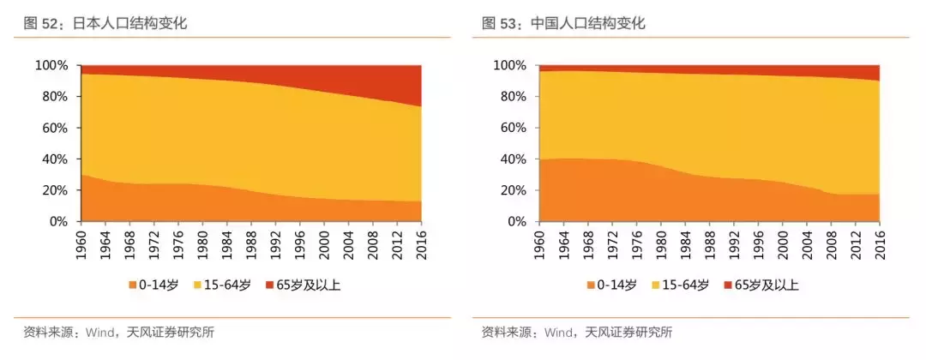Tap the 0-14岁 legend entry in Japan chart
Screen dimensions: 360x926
pos(155,285)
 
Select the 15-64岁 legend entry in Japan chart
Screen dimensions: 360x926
pos(225,285)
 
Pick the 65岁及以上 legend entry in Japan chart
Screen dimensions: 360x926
pos(303,285)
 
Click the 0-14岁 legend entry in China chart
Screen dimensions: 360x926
pos(613,285)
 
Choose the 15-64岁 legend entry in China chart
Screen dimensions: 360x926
pos(682,285)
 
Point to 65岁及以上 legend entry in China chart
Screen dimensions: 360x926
pos(761,285)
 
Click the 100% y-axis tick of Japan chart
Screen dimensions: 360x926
pos(51,66)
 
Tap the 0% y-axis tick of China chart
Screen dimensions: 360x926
pos(516,222)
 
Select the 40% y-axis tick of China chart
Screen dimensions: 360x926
pos(513,159)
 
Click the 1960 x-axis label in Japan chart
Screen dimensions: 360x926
pos(81,244)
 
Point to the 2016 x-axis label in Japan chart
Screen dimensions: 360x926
pos(422,244)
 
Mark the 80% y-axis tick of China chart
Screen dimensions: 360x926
pos(513,97)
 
